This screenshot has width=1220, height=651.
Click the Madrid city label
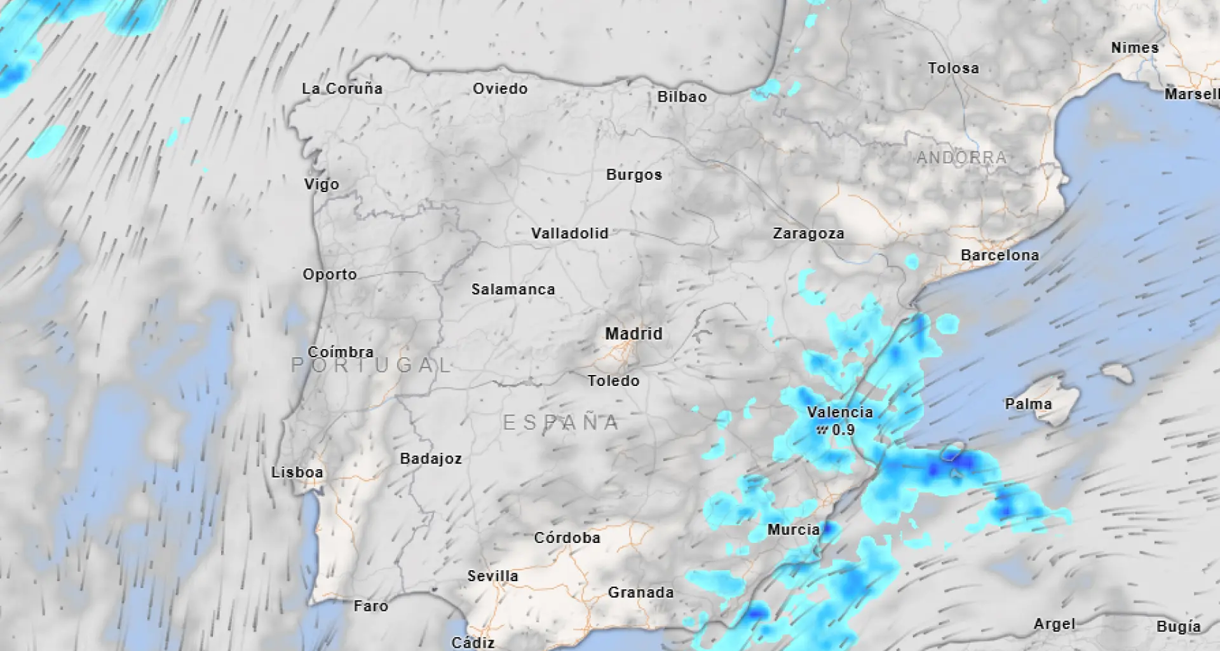click(634, 334)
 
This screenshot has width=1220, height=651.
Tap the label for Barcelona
click(1000, 256)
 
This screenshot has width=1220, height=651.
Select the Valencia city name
click(840, 412)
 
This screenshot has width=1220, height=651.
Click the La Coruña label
click(342, 89)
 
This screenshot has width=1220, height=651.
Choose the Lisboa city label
click(297, 472)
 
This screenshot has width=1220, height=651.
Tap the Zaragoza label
click(808, 234)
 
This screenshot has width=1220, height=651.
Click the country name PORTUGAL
click(371, 365)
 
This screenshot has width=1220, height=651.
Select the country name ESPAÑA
click(561, 423)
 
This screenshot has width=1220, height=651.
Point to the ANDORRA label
click(961, 158)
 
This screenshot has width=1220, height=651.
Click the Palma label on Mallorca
click(1028, 404)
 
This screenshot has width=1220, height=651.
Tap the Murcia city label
click(793, 530)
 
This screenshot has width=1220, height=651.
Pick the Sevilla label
click(492, 576)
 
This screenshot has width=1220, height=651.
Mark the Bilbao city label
click(682, 97)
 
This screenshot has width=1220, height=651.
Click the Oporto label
click(330, 275)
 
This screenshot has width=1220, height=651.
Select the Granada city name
click(640, 593)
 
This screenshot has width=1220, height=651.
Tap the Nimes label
click(1135, 48)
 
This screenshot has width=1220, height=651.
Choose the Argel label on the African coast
click(1054, 624)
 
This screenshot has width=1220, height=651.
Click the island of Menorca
click(1117, 373)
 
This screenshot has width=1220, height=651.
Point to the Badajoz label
click(431, 459)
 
